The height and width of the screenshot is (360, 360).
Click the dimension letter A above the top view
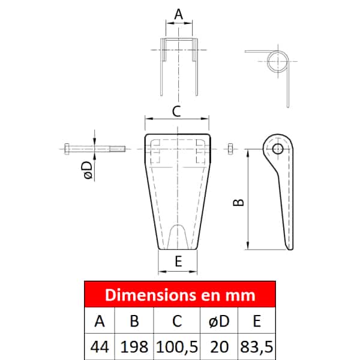179,14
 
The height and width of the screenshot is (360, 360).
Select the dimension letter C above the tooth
176,112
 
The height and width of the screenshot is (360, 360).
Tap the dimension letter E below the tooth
178,261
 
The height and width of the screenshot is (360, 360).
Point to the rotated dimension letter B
238,203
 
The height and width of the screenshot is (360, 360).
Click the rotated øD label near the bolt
88,170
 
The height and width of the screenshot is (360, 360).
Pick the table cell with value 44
100,347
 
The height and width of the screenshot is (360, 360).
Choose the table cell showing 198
134,347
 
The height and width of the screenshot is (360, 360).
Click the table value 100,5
177,347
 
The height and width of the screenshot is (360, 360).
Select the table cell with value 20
219,347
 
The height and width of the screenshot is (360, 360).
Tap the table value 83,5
257,347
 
